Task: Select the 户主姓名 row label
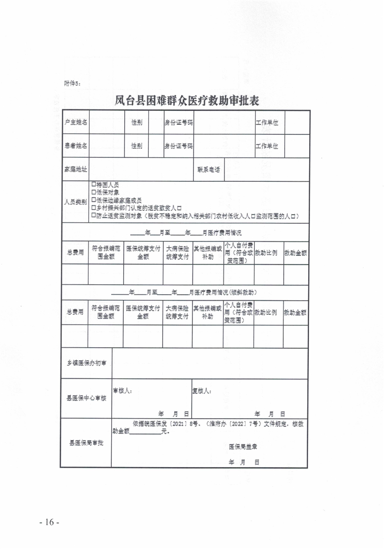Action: click(75, 122)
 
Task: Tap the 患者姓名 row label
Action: click(75, 146)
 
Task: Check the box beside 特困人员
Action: click(93, 185)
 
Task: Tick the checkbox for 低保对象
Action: click(93, 192)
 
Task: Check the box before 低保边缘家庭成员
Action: click(93, 200)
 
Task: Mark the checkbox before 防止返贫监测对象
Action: click(93, 216)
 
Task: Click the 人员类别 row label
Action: click(75, 202)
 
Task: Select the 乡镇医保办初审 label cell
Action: click(86, 364)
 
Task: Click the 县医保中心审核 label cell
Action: click(86, 399)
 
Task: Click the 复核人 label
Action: click(202, 391)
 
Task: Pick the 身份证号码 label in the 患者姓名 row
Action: click(179, 146)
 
